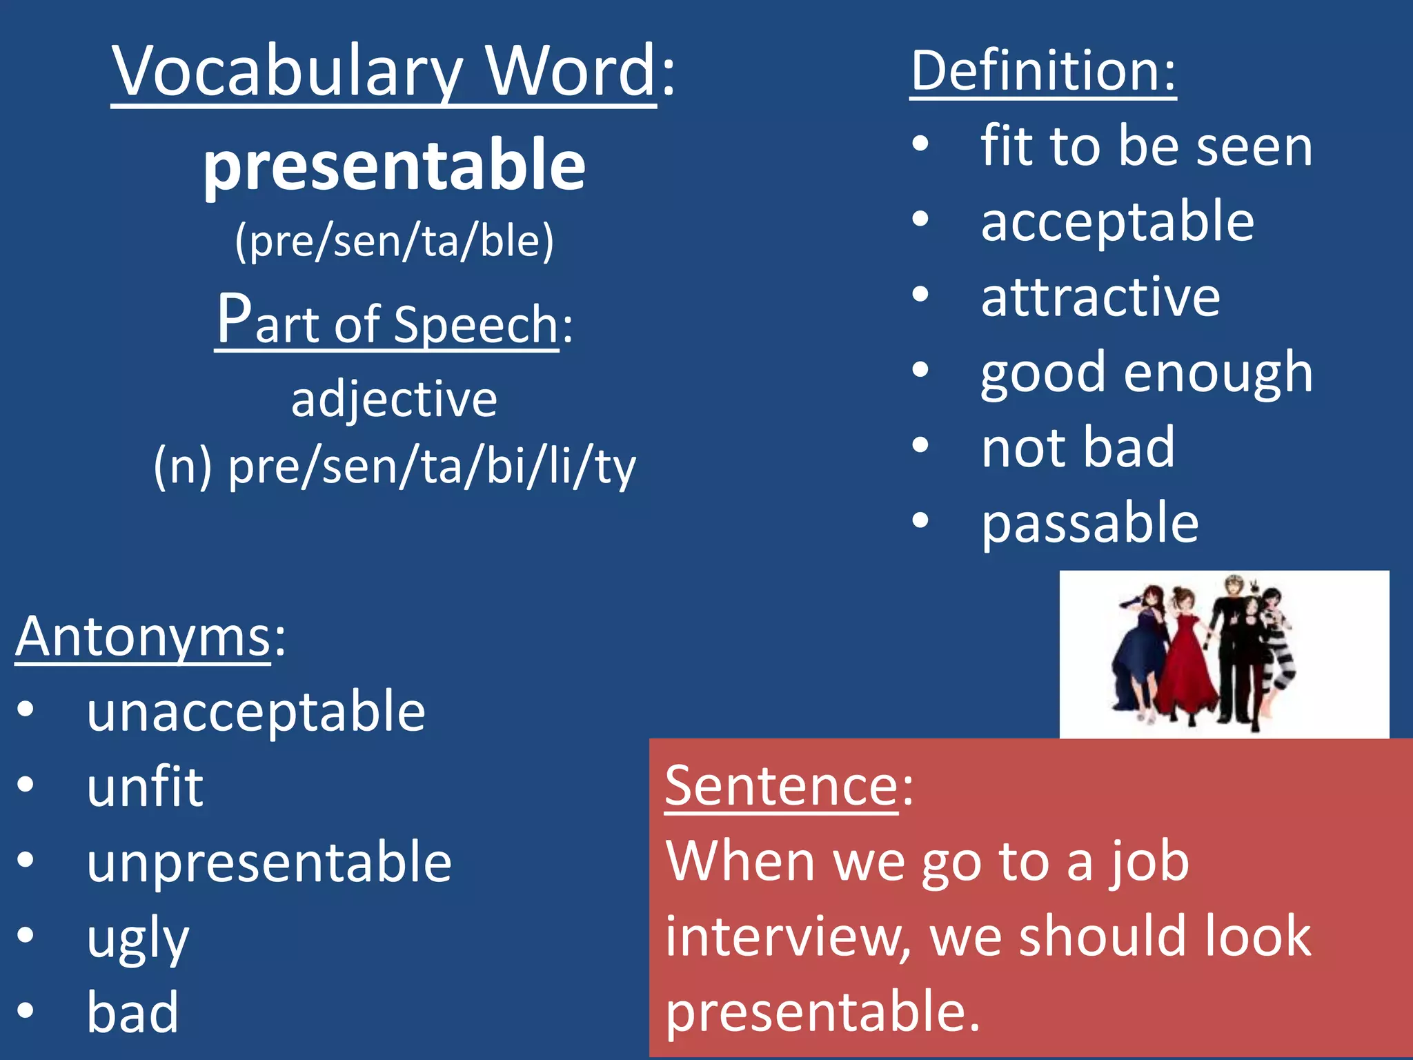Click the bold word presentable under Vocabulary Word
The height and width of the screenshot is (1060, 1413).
point(394,166)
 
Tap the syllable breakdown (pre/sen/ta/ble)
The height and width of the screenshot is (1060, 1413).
point(394,242)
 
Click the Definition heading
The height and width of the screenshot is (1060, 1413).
point(1043,71)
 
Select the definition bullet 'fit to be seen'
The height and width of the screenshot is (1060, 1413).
point(1146,146)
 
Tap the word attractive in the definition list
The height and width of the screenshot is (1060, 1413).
point(1100,297)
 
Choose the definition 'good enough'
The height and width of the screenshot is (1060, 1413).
point(1146,373)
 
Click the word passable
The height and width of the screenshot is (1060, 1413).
point(1090,523)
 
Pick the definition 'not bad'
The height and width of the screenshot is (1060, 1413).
point(1078,448)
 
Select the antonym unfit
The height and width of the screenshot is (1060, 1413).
point(145,787)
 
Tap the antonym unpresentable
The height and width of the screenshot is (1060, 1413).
point(269,862)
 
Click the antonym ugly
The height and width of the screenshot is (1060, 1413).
point(138,939)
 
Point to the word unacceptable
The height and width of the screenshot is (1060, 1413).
point(256,711)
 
